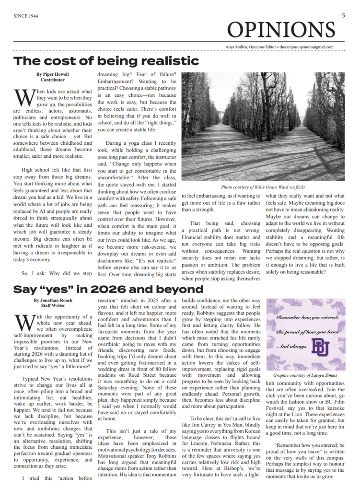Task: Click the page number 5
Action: click(x=343, y=15)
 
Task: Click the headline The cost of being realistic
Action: click(x=106, y=61)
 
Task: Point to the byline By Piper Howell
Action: click(x=52, y=74)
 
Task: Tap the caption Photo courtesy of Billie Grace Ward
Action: click(x=263, y=187)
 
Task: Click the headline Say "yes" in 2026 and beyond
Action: click(x=108, y=290)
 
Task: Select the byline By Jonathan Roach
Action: click(x=52, y=300)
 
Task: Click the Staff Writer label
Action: click(x=52, y=305)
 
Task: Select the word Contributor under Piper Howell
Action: click(x=52, y=80)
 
